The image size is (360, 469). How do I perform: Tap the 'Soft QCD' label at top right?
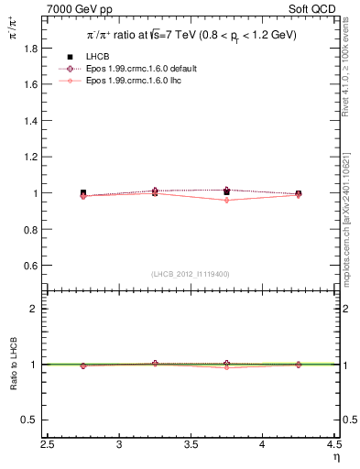317,8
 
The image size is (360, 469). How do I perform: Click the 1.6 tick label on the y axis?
36,84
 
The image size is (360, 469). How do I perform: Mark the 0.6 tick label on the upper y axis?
36,266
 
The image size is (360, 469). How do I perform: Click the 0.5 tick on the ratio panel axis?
36,420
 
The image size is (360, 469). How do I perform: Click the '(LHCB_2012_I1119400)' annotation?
191,274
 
